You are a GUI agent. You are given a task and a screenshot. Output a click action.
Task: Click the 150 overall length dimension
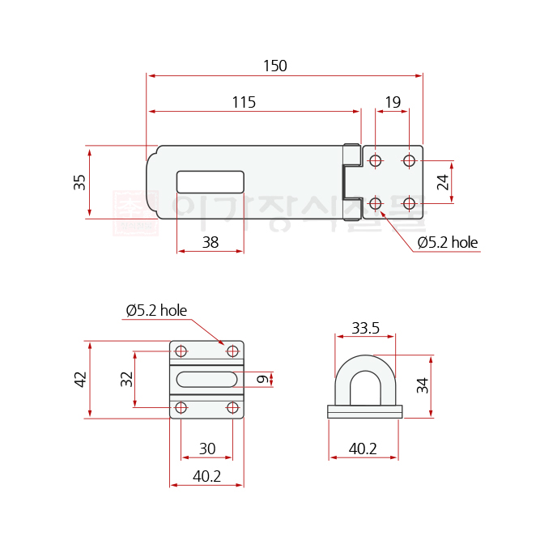click(274, 66)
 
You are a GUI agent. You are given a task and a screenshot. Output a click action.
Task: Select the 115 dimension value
click(244, 102)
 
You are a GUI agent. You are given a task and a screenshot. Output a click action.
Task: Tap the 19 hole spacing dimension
click(392, 102)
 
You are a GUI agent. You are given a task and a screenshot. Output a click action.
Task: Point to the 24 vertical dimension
click(443, 181)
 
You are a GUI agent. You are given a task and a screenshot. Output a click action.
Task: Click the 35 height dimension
click(79, 182)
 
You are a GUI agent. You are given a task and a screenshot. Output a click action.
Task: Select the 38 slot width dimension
click(210, 241)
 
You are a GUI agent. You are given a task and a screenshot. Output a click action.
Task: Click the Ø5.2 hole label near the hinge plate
click(448, 242)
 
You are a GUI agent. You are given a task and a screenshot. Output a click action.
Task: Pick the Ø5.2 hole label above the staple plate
click(156, 310)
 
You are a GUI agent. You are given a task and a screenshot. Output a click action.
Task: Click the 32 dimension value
click(126, 379)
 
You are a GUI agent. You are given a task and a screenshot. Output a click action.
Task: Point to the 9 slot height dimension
click(261, 380)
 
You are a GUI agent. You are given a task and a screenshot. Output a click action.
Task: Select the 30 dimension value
click(207, 449)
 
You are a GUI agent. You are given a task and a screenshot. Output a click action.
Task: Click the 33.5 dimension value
click(365, 328)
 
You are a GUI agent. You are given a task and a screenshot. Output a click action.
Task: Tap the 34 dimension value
click(422, 385)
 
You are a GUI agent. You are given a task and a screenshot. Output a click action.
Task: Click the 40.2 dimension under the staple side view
click(363, 449)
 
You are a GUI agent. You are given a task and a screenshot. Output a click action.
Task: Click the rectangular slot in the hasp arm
click(210, 181)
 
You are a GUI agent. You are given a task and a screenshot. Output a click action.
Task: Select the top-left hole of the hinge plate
click(375, 161)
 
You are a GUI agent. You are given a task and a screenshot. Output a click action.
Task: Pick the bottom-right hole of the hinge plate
click(409, 202)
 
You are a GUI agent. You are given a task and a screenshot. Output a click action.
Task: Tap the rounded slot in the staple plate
click(206, 380)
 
